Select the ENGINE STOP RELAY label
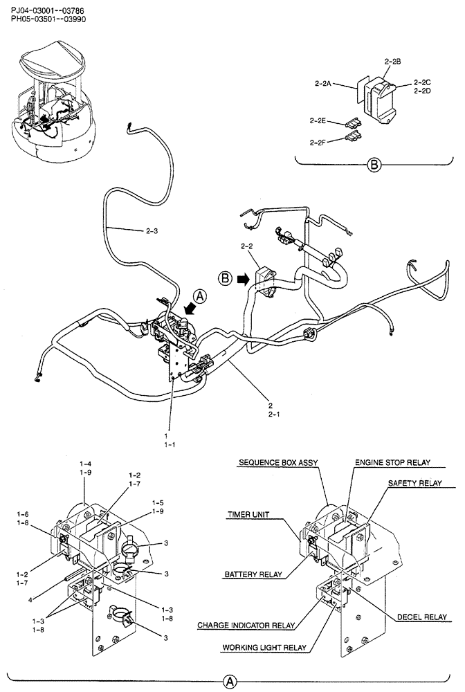coord(392,462)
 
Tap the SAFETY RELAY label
coord(414,482)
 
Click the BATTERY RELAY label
coord(250,574)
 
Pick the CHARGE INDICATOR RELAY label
coord(246,625)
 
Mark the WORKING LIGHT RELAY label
coord(264,648)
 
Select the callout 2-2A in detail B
coord(323,83)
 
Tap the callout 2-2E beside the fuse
coord(318,120)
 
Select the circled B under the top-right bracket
coord(374,165)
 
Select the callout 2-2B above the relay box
coord(392,62)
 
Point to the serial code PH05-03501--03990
coord(48,20)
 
